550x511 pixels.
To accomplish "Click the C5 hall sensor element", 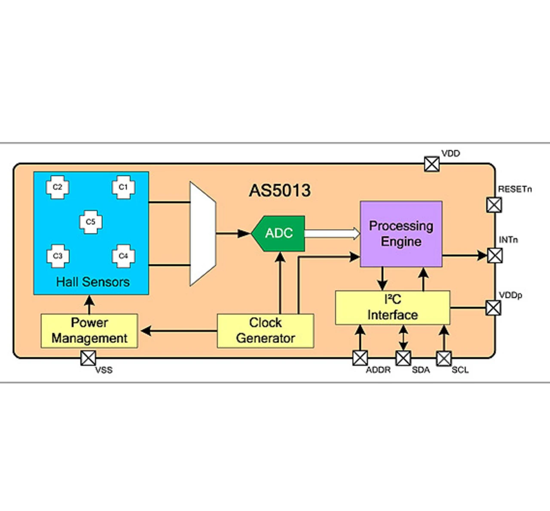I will coord(91,222).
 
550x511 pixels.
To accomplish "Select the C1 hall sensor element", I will coord(123,187).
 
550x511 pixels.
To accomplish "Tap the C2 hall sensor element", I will coord(58,187).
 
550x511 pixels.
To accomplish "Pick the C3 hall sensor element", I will coord(58,256).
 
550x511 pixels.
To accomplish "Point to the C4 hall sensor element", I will coord(123,256).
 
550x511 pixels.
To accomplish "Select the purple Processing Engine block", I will coord(401,234).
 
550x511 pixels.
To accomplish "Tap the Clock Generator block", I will coord(265,331).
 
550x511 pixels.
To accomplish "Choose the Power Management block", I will coord(89,331).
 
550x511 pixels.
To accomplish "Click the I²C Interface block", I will coord(392,308).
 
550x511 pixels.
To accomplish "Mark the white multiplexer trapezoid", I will coord(203,234).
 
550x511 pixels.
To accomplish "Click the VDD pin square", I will coord(432,164).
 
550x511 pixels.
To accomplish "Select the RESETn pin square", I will coord(494,205).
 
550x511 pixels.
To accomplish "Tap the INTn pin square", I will coord(495,256).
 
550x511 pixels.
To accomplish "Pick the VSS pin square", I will coord(89,358).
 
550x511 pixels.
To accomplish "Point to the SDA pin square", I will coord(403,358).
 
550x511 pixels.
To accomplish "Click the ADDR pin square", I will coord(360,358).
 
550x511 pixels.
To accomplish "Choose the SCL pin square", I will coord(444,358).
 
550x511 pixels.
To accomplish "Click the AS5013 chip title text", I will coord(280,191).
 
